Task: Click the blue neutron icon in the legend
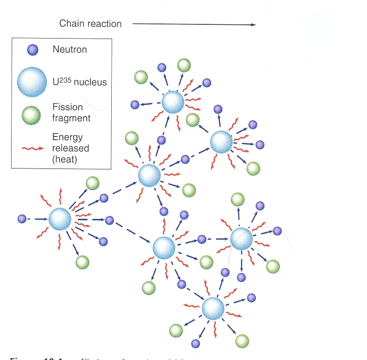pos(33,50)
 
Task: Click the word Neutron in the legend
pos(70,50)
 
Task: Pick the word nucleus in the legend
pos(91,82)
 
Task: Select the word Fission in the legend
pos(68,107)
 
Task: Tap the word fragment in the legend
pos(71,118)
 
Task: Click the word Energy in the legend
pos(67,137)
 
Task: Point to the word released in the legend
pos(70,148)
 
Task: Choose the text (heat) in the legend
pos(65,159)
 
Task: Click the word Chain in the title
pos(71,23)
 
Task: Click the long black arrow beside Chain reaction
pos(194,24)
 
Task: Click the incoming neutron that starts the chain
pos(22,219)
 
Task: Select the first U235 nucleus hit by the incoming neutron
pos(60,219)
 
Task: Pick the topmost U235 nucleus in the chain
pos(172,103)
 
